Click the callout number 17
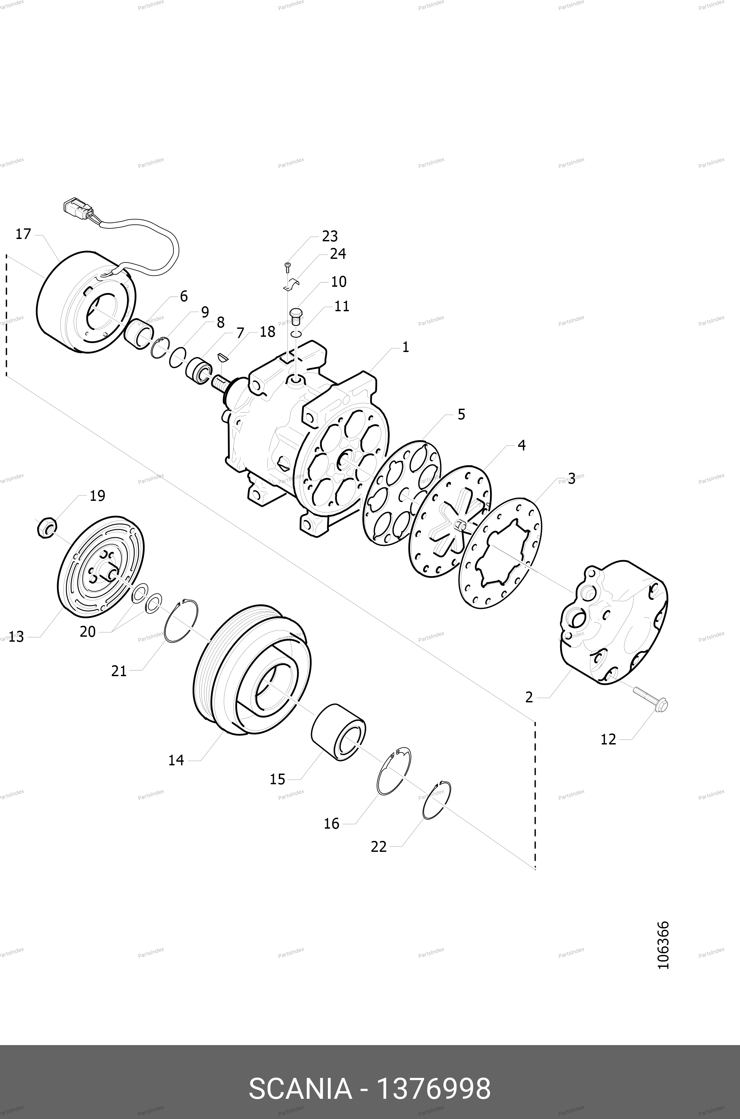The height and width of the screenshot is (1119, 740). coord(23,234)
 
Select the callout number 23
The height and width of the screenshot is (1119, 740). coord(330,236)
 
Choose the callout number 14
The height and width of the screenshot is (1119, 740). coord(176,760)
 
